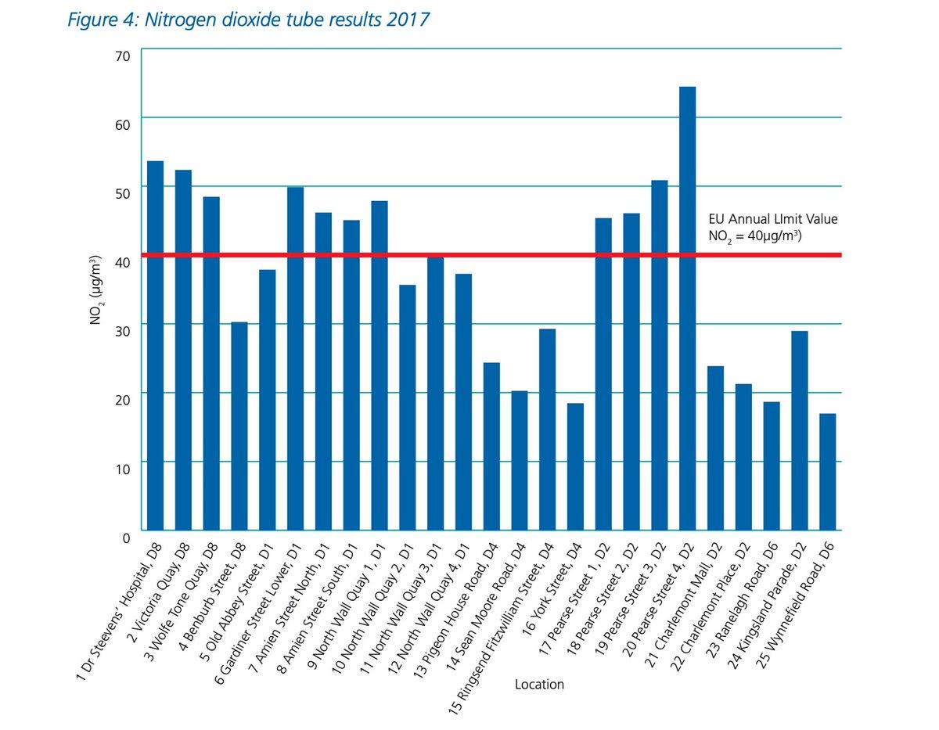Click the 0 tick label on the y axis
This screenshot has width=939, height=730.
click(125, 537)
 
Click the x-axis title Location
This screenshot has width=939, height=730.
click(539, 685)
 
